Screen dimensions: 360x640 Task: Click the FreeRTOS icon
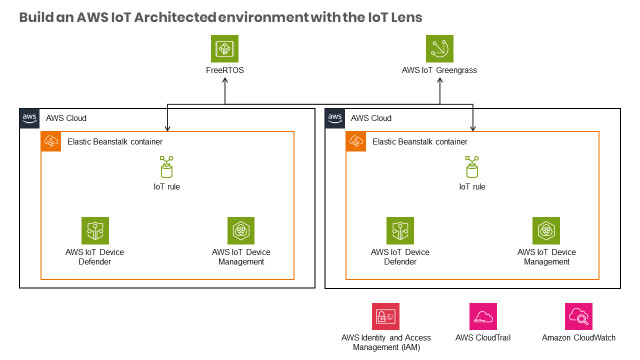[225, 49]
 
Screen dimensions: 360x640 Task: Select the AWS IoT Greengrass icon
[439, 49]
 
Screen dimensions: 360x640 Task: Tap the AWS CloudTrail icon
[483, 317]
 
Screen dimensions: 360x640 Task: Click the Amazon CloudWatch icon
[579, 317]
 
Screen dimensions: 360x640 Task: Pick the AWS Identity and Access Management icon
[385, 317]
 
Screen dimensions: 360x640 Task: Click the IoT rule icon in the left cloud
[166, 167]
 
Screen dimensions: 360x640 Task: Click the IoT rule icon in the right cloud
[472, 167]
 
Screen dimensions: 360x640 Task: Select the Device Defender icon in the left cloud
[95, 230]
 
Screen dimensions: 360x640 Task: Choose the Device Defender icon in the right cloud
[400, 230]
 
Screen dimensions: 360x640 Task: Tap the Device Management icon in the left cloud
[240, 230]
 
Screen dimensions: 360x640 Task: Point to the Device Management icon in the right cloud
[545, 230]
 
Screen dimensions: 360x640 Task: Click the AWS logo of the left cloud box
[30, 117]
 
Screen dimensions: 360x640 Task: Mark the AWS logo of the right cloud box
[336, 117]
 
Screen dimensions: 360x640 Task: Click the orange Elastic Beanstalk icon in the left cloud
[51, 141]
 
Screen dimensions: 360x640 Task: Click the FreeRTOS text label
[225, 71]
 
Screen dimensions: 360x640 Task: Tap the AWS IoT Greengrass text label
[439, 71]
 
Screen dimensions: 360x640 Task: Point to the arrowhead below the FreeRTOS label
[225, 81]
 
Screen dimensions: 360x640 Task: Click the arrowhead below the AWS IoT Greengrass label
[439, 81]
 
